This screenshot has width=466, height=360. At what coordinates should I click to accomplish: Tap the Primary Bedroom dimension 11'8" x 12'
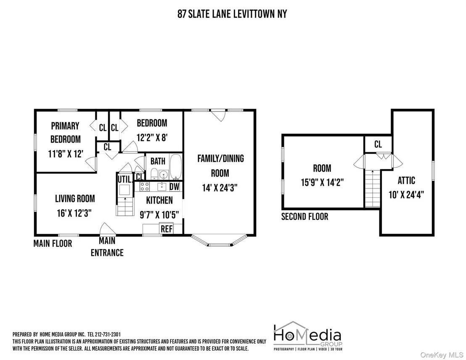[x=66, y=154]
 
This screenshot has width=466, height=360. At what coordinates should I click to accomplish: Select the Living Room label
[x=75, y=199]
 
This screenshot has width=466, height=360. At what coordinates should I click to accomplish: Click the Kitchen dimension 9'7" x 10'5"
[x=159, y=214]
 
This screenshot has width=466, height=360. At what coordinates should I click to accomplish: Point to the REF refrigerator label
[x=167, y=229]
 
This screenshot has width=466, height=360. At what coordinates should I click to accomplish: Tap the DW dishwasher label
[x=175, y=187]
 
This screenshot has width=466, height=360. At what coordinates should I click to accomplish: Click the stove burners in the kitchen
[x=145, y=187]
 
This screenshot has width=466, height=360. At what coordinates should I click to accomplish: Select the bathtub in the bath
[x=176, y=167]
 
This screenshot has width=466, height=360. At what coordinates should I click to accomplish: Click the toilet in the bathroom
[x=154, y=174]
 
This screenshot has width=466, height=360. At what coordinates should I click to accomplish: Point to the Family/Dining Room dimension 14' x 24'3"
[x=220, y=188]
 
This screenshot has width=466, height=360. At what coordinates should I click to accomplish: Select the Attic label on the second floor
[x=406, y=180]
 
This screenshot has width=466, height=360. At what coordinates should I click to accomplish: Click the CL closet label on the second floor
[x=378, y=144]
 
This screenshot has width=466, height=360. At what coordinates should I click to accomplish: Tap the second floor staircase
[x=372, y=188]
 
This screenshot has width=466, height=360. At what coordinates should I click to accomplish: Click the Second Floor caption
[x=304, y=217]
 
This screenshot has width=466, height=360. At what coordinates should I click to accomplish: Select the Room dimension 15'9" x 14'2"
[x=322, y=182]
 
